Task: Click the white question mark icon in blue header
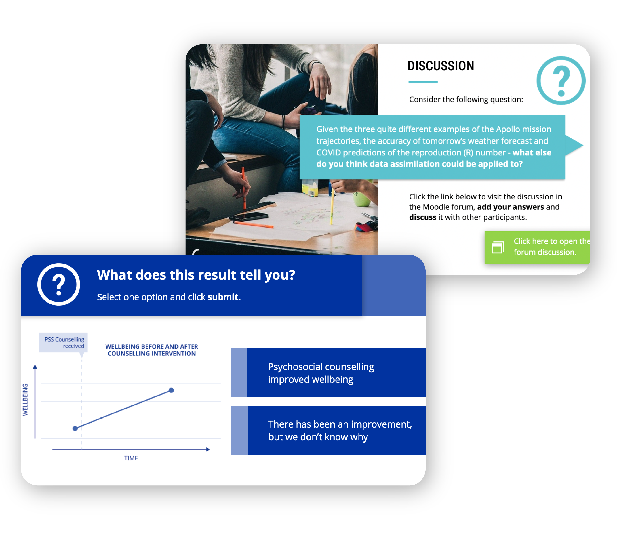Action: click(59, 284)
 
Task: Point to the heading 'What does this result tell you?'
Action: click(196, 275)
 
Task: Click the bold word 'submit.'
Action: click(224, 297)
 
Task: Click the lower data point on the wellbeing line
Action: click(75, 428)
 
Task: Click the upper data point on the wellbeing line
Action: click(172, 390)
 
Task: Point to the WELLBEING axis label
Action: click(25, 400)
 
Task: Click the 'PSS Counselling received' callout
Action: click(64, 342)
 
